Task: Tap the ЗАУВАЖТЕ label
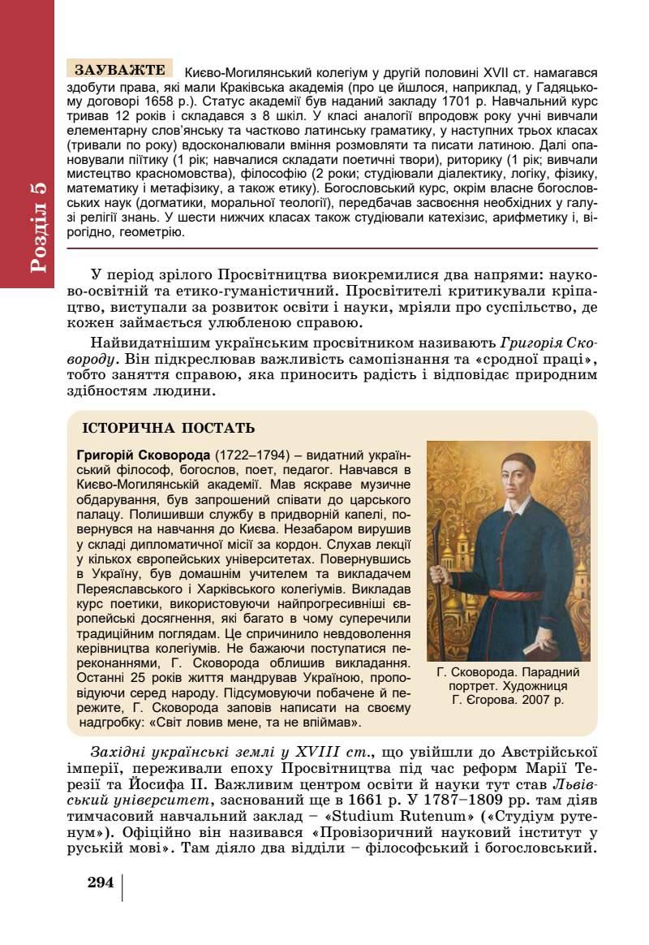(120, 70)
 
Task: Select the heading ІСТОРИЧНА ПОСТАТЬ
(169, 428)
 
